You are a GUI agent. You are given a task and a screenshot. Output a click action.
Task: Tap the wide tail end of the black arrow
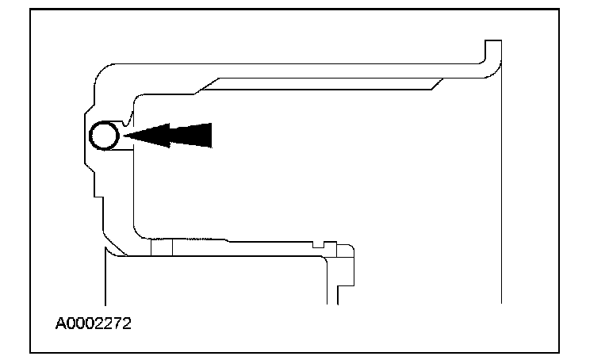click(206, 136)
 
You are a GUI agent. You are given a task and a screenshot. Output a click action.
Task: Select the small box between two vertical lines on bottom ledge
click(161, 247)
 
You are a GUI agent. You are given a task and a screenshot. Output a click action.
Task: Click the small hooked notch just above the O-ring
click(128, 118)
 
